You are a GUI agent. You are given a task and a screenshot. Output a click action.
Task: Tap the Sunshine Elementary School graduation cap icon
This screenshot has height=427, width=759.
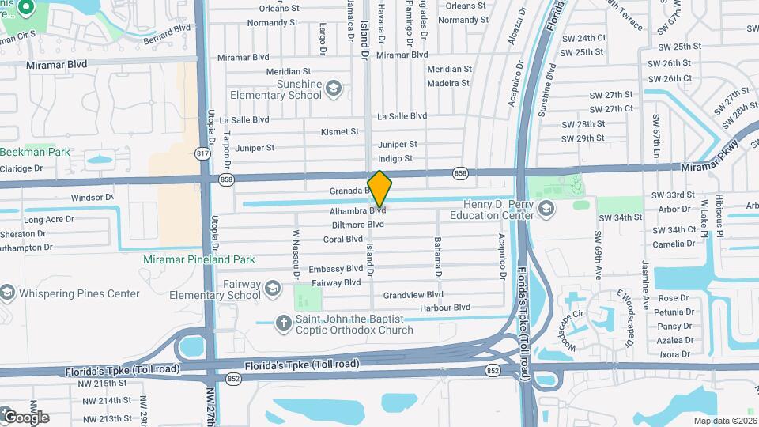(334, 88)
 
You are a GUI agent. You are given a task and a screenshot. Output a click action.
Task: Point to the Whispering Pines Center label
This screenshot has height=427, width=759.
(80, 294)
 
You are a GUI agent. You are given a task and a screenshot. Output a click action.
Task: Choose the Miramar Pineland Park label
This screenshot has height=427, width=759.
(199, 259)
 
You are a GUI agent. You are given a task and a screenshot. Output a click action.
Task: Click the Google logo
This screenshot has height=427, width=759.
(25, 417)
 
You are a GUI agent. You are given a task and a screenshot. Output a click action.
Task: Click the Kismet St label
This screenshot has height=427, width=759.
(341, 131)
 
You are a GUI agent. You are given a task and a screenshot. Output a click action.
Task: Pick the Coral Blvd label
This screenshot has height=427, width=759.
(342, 240)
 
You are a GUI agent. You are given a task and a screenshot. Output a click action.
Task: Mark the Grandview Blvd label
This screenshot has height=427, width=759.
(413, 294)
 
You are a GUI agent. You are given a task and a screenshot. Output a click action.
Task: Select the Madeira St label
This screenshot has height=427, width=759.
(447, 83)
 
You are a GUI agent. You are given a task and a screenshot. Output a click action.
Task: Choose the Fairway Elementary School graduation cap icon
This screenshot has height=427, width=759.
(274, 287)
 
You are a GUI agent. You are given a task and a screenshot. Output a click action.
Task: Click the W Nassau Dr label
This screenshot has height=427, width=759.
(296, 255)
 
